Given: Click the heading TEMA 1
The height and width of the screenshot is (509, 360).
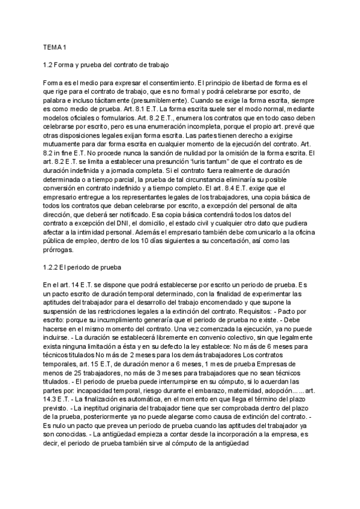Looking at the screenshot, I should click(55, 47).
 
